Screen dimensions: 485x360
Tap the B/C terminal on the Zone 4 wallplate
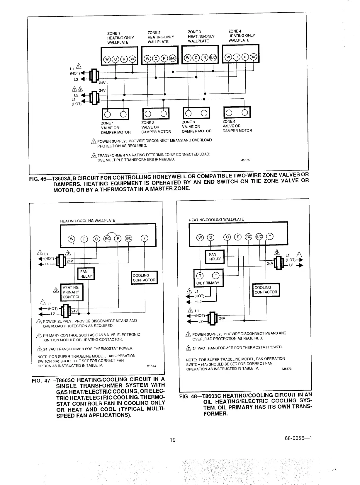click(x=254, y=57)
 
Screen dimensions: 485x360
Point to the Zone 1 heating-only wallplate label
click(x=120, y=38)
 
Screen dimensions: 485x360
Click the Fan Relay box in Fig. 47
click(x=86, y=274)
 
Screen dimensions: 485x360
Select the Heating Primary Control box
click(x=72, y=292)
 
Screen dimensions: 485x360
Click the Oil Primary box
click(x=208, y=278)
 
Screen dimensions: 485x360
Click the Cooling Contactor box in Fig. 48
click(x=266, y=290)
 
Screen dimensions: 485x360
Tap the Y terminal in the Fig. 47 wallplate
click(x=144, y=238)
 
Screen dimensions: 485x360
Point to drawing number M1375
click(x=245, y=160)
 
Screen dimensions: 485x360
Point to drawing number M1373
click(x=286, y=369)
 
